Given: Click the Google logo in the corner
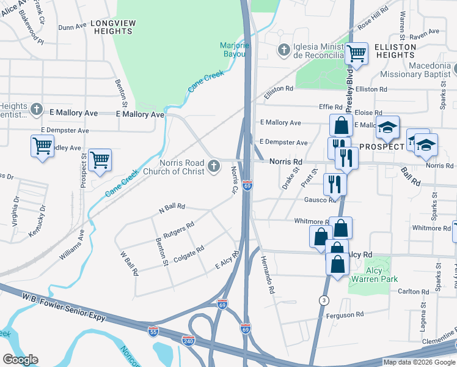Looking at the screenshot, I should pyautogui.click(x=21, y=360).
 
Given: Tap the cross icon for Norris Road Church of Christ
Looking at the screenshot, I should pyautogui.click(x=214, y=166).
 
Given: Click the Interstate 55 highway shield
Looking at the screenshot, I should pyautogui.click(x=153, y=331).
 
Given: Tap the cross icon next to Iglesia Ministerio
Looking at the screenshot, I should pyautogui.click(x=283, y=49).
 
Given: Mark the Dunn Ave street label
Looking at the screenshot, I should pyautogui.click(x=72, y=27).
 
